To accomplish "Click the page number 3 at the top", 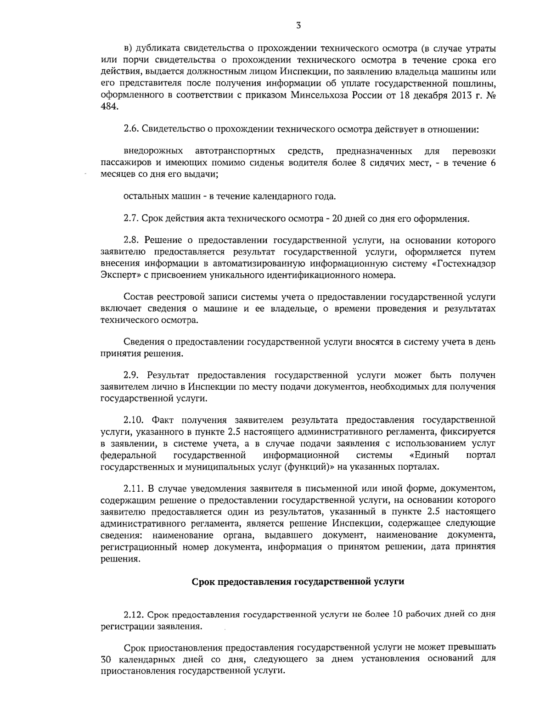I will (298, 26).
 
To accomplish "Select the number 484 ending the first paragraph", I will (109, 106).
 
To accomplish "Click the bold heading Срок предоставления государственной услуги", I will (298, 582).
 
